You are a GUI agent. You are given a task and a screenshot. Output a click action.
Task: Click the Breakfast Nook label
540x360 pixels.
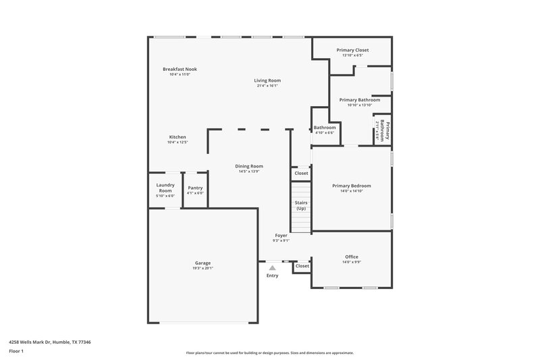(180, 69)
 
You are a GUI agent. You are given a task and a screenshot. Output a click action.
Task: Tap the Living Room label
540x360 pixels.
(267, 80)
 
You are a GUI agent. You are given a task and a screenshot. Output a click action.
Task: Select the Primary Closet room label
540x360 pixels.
(352, 50)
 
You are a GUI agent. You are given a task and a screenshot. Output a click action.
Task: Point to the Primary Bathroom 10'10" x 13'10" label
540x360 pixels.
(360, 100)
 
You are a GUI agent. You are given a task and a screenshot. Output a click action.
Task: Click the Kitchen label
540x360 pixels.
(178, 137)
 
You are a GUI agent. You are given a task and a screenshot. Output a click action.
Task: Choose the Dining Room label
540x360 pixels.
(249, 166)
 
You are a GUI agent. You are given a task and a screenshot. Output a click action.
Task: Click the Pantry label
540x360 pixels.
(195, 188)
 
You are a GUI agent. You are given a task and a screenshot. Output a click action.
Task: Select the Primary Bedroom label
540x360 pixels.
(351, 186)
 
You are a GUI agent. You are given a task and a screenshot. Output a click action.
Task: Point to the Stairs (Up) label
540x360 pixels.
(301, 205)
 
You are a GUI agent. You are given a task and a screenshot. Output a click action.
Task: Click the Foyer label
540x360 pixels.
(281, 236)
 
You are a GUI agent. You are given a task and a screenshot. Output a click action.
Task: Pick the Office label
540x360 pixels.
(351, 257)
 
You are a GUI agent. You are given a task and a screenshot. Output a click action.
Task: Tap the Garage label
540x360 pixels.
(202, 263)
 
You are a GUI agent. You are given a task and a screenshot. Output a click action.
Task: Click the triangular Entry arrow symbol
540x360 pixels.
(273, 267)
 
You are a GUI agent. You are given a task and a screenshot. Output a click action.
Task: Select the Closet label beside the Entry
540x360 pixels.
(302, 266)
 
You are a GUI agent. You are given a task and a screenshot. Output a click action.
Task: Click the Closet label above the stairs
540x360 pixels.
(301, 174)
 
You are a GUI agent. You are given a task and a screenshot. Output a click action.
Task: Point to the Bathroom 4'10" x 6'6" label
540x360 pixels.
(325, 128)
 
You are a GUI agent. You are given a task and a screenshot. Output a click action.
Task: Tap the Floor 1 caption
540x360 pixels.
(16, 352)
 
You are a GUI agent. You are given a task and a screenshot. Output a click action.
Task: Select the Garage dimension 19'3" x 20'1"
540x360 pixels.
(202, 268)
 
